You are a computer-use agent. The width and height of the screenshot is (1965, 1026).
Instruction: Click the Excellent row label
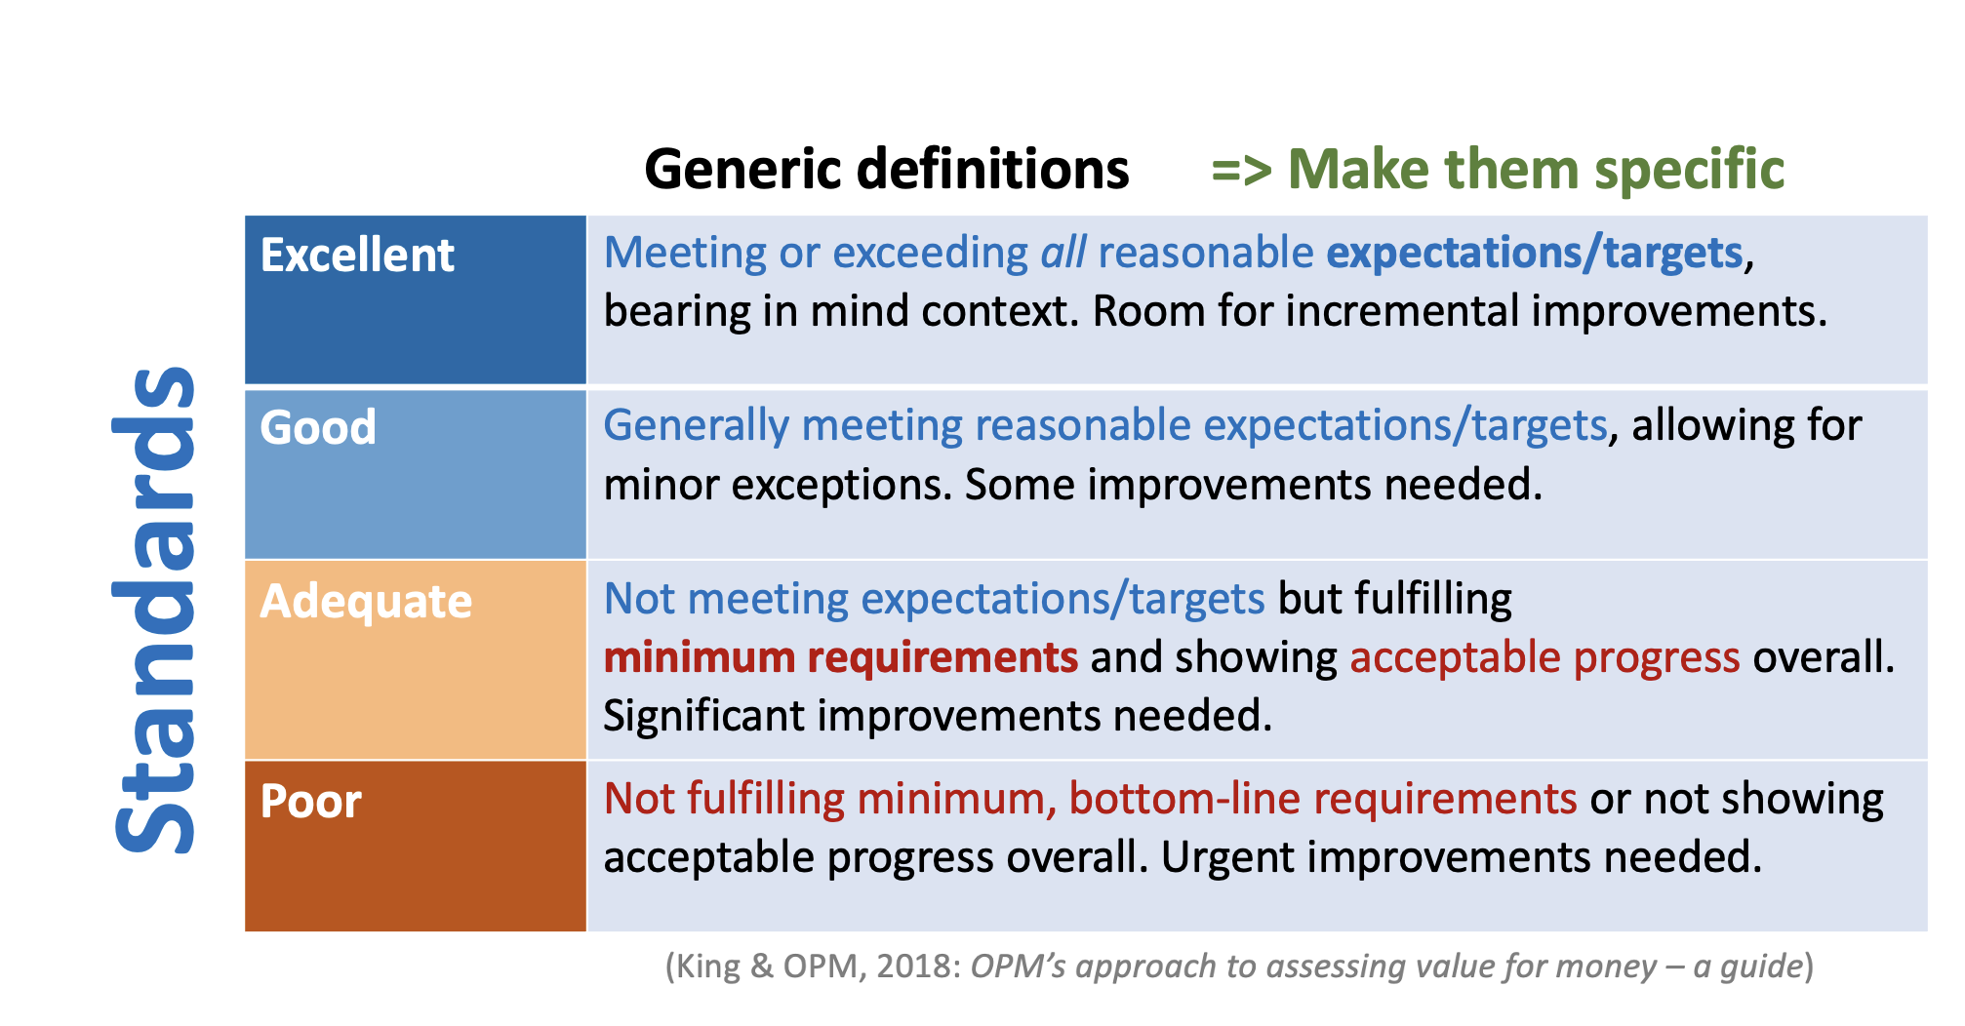[x=357, y=256]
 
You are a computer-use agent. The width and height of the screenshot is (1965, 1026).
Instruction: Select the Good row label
[x=318, y=427]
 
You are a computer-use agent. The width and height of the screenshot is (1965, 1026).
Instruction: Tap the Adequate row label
[x=366, y=602]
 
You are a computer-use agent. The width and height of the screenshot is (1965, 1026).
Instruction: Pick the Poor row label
[x=311, y=802]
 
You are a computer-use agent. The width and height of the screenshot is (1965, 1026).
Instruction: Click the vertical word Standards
[x=155, y=611]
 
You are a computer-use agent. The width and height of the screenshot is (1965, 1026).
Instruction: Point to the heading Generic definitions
[x=887, y=169]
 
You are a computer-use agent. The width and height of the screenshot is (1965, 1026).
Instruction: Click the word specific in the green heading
[x=1690, y=170]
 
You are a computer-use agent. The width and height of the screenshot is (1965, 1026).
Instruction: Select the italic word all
[x=1063, y=253]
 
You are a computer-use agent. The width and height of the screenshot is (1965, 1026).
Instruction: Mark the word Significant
[x=703, y=717]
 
